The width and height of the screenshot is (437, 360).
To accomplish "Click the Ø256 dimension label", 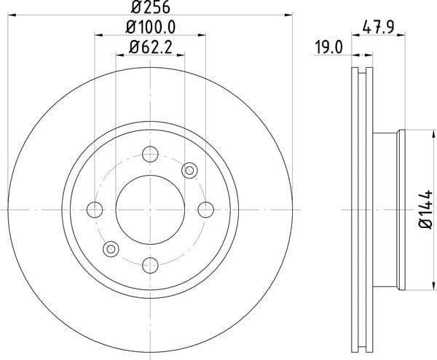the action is (x=151, y=7).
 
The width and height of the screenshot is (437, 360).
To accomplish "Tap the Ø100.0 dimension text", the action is (x=151, y=28).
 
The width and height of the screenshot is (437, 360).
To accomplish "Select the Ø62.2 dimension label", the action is (x=150, y=47).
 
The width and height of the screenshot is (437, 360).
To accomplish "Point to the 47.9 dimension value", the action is (x=378, y=27).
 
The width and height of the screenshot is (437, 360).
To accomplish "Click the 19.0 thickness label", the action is (x=328, y=47).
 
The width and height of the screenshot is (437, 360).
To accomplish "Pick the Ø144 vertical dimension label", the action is (x=426, y=209).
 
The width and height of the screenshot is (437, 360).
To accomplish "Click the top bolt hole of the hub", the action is (x=150, y=154).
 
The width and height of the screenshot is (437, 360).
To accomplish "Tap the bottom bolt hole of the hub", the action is (x=150, y=265).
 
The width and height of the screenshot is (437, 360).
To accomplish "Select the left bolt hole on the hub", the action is (x=95, y=209).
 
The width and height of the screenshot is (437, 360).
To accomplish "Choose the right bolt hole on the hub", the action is (x=205, y=209).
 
